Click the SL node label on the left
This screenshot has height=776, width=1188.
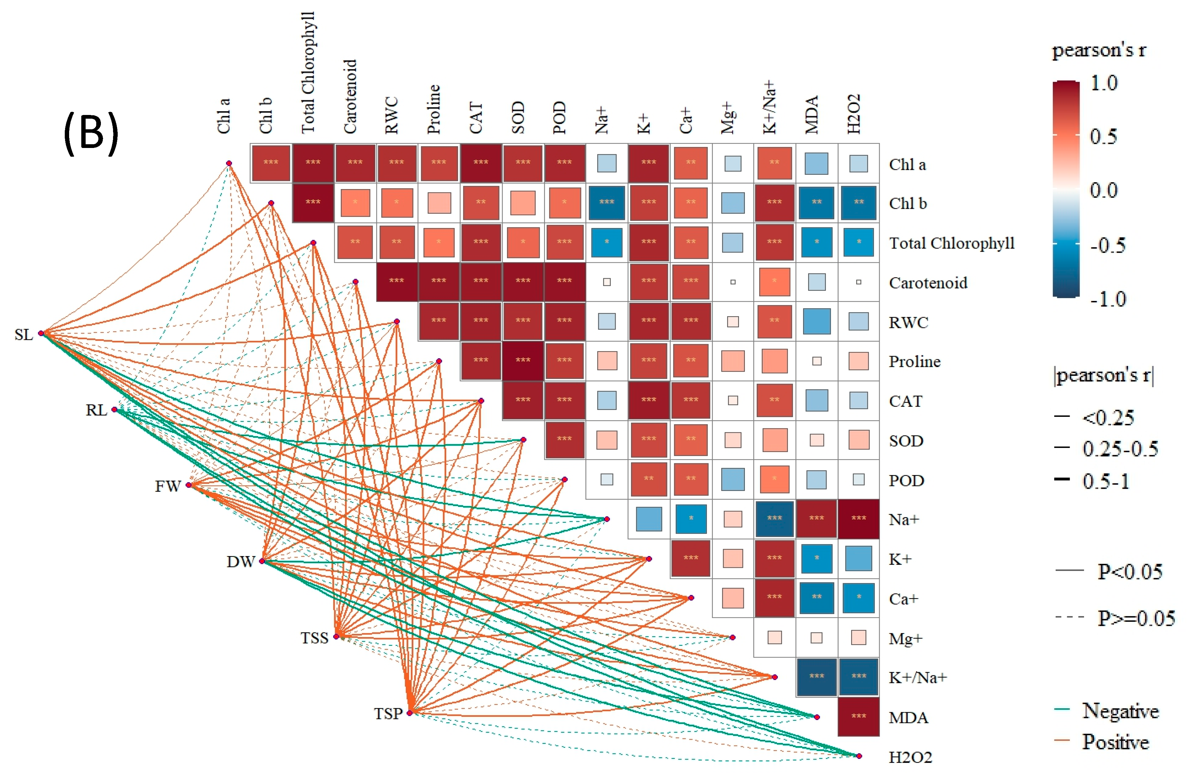[23, 335]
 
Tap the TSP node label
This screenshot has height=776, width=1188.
[388, 714]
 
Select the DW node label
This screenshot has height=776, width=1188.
[241, 562]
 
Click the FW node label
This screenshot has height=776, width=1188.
[167, 486]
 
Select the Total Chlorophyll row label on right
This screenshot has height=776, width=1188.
[951, 243]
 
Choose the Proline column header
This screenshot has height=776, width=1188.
[434, 109]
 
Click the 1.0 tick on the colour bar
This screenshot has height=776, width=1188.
[1104, 83]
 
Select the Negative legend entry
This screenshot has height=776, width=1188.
[1119, 711]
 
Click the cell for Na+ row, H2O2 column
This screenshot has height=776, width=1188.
[859, 519]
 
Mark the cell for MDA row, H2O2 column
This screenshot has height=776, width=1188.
[859, 716]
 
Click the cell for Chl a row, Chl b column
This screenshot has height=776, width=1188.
[271, 163]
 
